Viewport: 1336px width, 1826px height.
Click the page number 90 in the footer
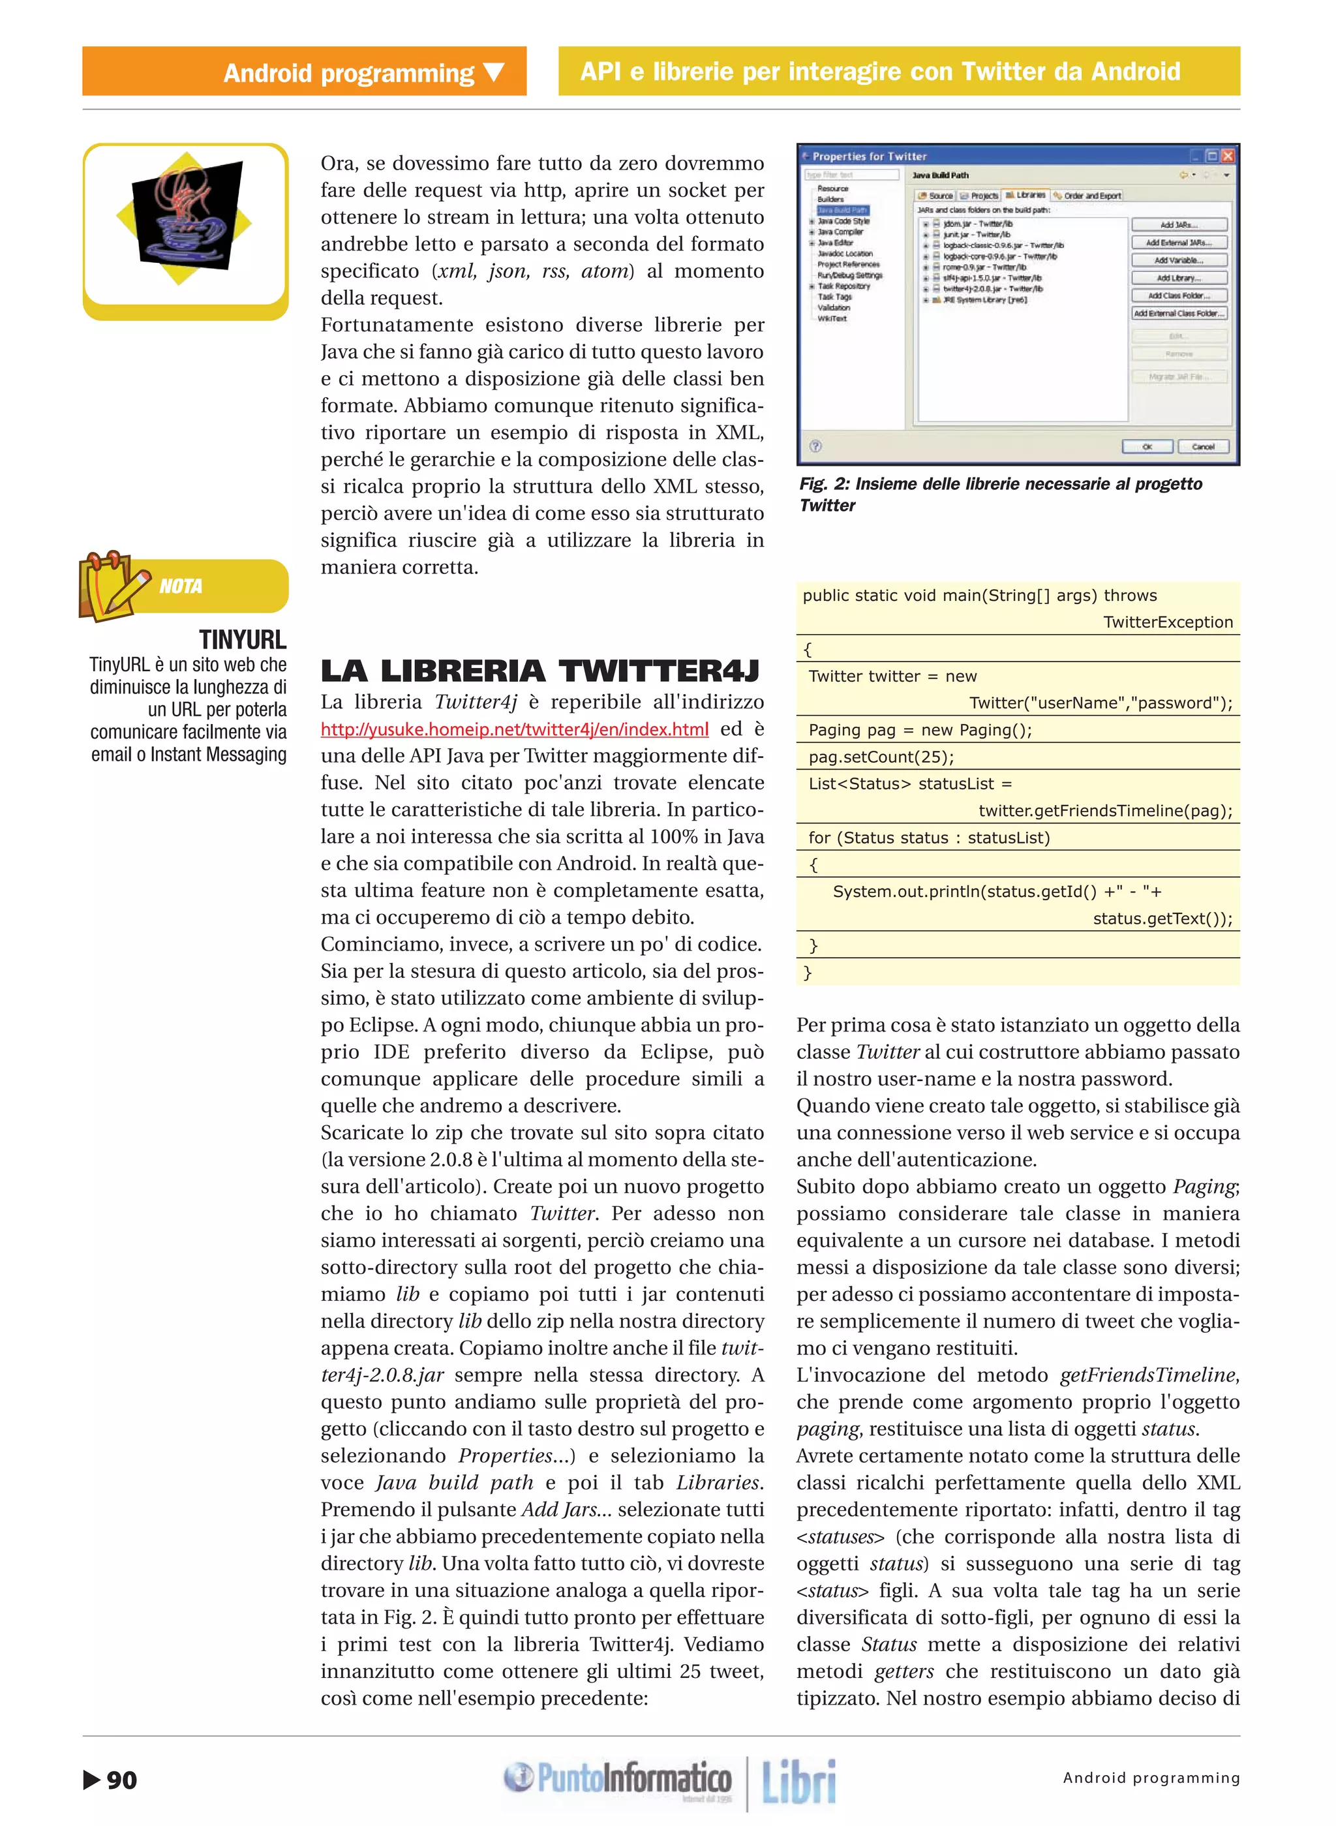coord(121,1780)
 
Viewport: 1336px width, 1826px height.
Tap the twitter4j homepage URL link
coord(514,729)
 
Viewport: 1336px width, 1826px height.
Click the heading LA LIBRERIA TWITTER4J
coord(540,671)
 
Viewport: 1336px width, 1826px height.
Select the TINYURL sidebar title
coord(243,640)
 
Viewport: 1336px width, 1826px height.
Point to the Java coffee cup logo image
coord(187,216)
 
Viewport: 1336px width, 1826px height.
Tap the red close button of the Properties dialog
coord(1228,156)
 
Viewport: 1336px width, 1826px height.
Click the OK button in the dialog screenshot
coord(1147,446)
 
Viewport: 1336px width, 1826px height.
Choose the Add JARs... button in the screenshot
coord(1178,225)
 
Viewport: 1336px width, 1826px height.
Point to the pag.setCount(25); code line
coord(881,757)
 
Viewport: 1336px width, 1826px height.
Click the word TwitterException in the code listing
coord(1168,622)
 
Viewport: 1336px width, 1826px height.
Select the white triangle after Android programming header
coord(494,73)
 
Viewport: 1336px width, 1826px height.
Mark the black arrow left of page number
coord(91,1780)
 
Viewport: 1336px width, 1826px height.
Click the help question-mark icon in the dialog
coord(815,446)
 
